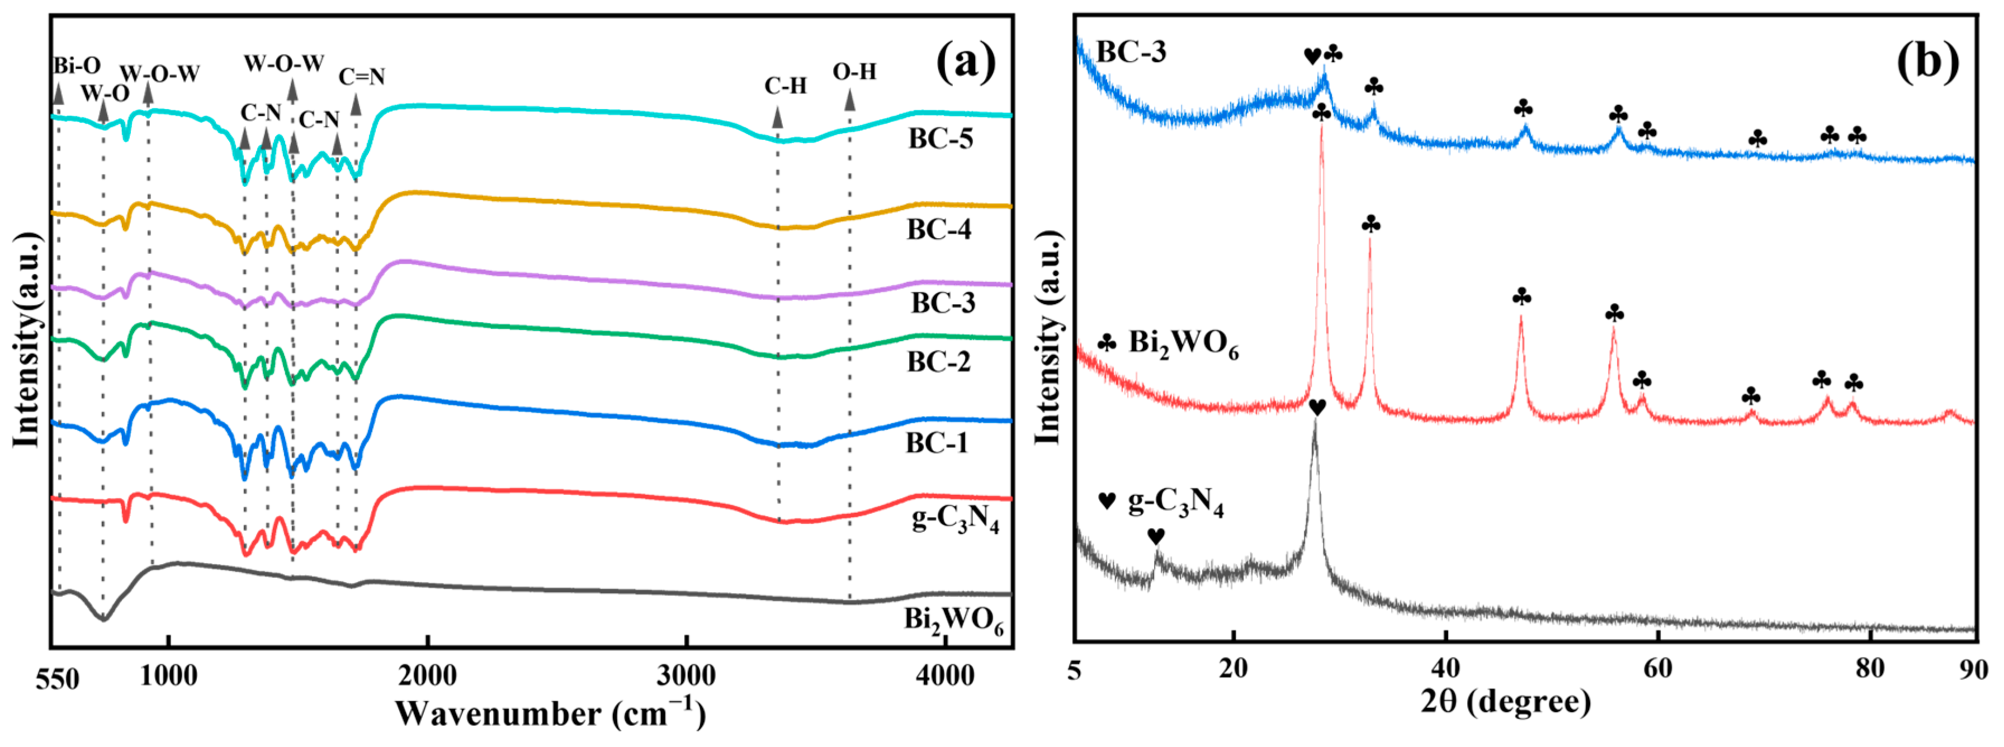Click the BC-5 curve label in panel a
(x=940, y=139)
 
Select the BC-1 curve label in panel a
(x=937, y=443)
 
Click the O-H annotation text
(x=854, y=72)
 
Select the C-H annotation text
(x=785, y=86)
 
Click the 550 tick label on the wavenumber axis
(x=57, y=679)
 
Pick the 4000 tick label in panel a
(x=944, y=675)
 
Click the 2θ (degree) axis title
(x=1505, y=702)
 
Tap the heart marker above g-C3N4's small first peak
(x=1155, y=536)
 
